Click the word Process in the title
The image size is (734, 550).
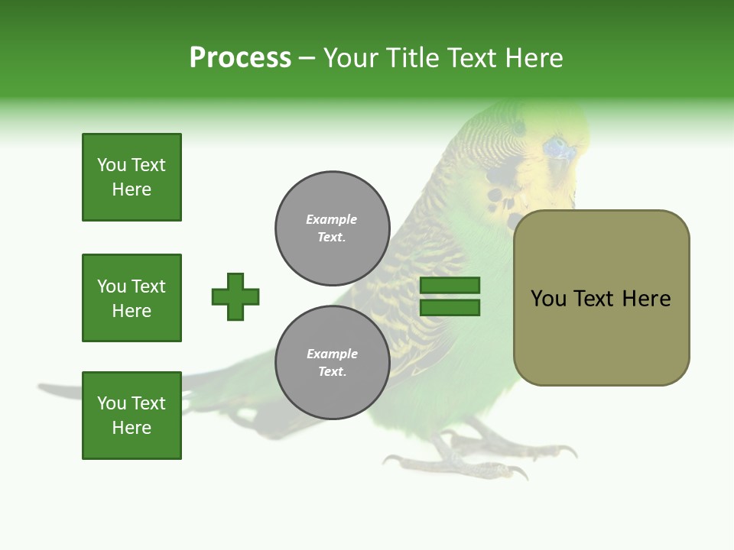240,58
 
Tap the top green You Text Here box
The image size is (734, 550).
132,177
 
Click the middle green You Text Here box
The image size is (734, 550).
132,298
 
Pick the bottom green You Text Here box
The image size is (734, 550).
132,416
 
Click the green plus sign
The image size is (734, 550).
235,296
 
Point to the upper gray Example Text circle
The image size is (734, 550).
332,228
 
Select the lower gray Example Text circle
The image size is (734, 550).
332,363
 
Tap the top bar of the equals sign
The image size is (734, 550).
450,285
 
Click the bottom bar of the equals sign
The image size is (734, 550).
450,308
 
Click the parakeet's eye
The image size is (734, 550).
557,147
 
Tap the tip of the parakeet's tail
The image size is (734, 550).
46,389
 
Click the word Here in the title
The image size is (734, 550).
535,58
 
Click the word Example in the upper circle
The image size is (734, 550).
331,219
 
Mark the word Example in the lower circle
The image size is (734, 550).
331,354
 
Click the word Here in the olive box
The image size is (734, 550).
647,299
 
